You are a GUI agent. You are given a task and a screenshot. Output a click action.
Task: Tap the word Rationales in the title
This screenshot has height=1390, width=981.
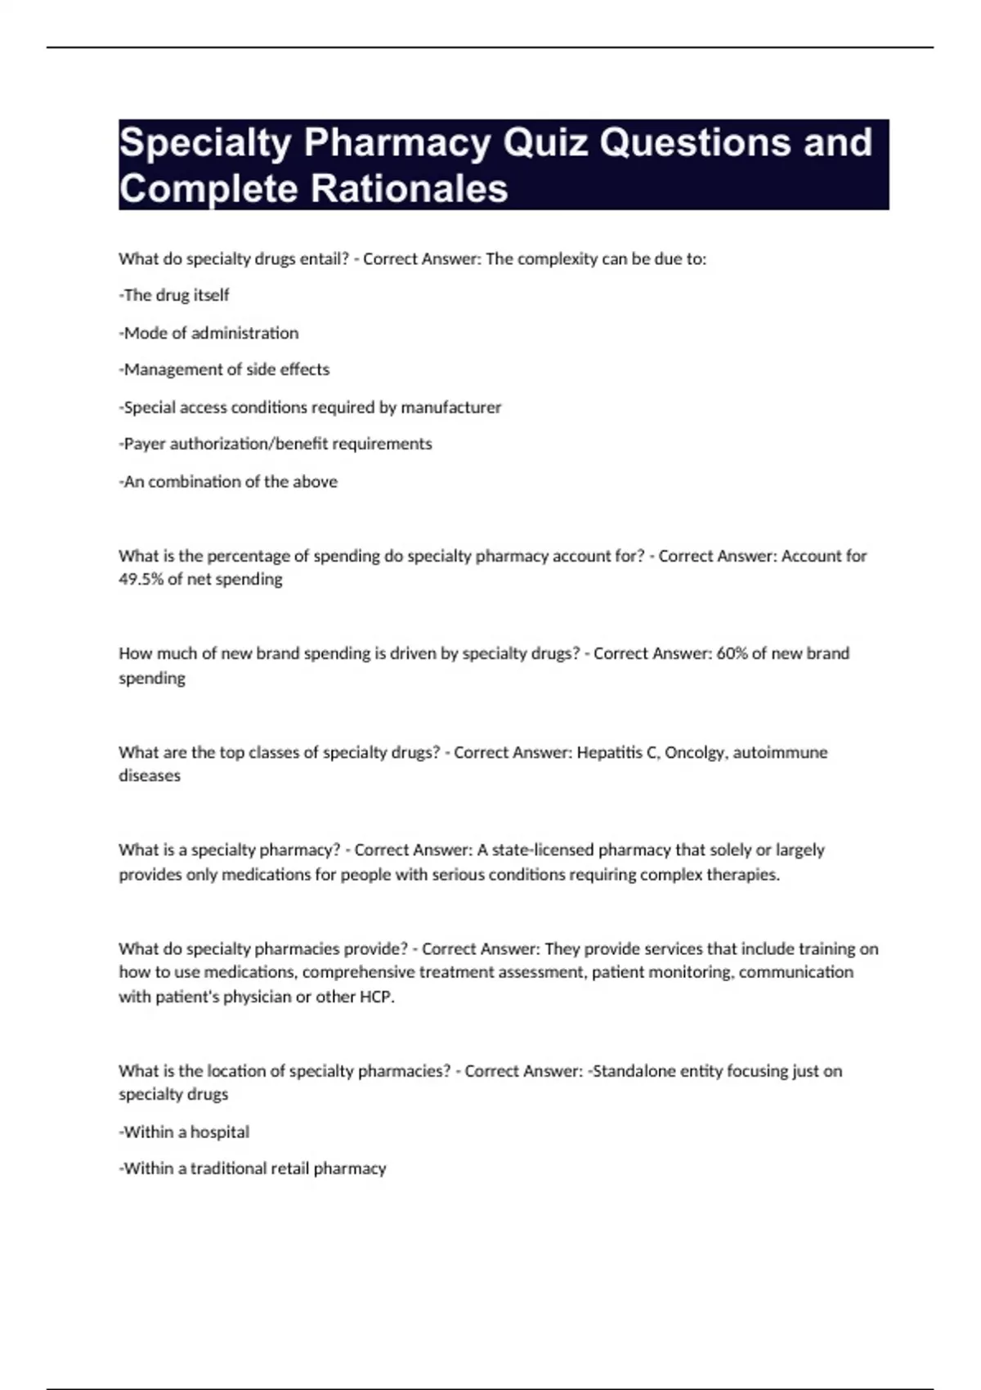410,189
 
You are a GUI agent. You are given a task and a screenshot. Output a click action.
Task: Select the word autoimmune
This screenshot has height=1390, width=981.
780,752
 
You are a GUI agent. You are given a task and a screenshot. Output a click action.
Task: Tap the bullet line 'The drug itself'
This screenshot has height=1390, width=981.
175,295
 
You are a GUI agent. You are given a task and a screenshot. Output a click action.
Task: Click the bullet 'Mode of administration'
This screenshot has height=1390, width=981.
209,333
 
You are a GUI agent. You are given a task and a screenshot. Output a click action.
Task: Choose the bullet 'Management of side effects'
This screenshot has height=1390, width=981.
225,370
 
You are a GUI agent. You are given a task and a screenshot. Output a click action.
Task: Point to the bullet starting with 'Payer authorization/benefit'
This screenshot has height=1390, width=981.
276,444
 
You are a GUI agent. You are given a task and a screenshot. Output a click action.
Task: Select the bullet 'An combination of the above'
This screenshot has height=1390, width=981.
229,482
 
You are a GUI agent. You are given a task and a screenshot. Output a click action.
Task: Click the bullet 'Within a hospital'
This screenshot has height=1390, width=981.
185,1132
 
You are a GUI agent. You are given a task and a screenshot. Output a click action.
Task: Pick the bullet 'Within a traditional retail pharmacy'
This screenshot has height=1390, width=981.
253,1168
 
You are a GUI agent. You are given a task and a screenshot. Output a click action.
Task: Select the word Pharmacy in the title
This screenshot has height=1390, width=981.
397,143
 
